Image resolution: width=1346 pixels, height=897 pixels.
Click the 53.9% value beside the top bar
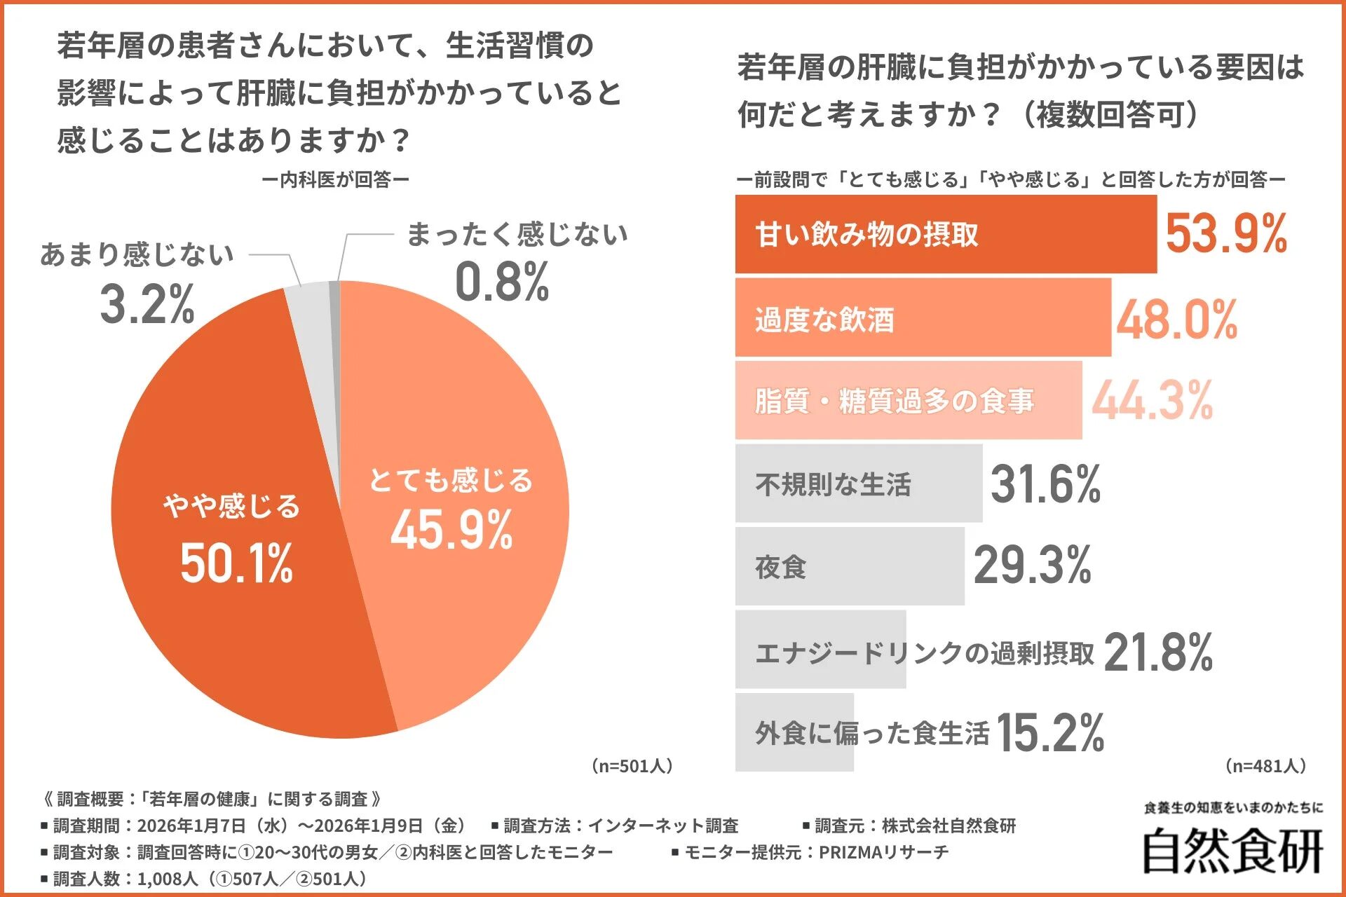click(1225, 234)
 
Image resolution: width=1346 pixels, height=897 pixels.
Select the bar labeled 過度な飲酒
click(922, 318)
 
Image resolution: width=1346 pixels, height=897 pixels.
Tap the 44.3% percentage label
click(1152, 401)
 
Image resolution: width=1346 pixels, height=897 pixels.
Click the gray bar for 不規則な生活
click(858, 484)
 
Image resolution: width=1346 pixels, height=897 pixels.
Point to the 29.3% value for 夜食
click(1032, 566)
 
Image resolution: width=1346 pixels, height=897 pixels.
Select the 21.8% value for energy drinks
click(1157, 652)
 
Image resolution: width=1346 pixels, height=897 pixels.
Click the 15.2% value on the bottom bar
click(1049, 733)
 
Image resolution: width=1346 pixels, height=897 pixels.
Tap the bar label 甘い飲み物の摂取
click(866, 235)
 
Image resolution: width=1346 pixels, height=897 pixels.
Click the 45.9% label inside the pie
click(451, 530)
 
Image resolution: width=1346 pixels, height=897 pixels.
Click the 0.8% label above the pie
click(502, 282)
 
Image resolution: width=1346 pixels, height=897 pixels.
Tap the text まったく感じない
click(517, 235)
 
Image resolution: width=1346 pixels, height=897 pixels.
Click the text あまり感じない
click(137, 254)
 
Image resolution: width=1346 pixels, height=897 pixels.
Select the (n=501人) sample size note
click(632, 766)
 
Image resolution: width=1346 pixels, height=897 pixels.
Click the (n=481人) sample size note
click(1265, 766)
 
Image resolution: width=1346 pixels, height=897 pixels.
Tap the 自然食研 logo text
click(1232, 851)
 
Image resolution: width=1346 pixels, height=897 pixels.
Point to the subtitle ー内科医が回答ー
click(335, 180)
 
